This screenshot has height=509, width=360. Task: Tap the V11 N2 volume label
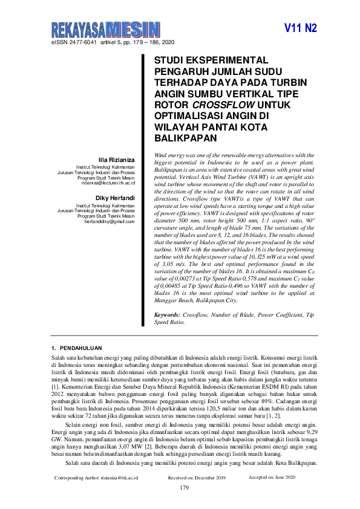click(x=301, y=28)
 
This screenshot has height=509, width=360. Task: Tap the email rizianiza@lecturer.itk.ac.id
click(x=108, y=183)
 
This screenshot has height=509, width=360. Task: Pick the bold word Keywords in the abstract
click(x=167, y=315)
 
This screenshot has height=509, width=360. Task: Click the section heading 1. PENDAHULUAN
click(x=77, y=348)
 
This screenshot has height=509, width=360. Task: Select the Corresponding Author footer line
click(x=96, y=477)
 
